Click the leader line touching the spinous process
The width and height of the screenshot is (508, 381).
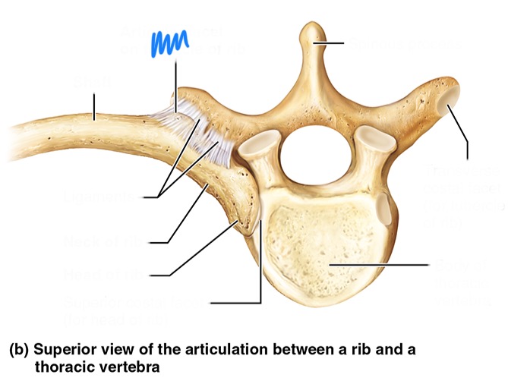[x=334, y=43]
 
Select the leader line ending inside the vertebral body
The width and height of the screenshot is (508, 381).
[x=380, y=265]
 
